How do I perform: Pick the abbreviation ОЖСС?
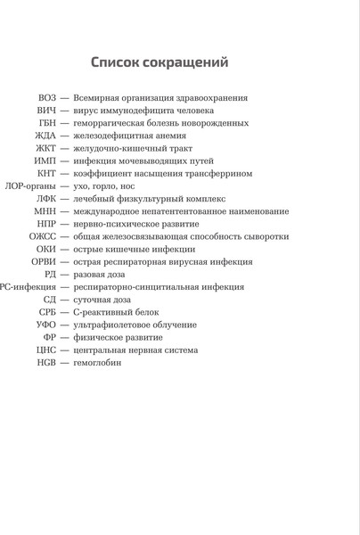tap(44, 237)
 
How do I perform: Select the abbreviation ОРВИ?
tap(44, 262)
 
